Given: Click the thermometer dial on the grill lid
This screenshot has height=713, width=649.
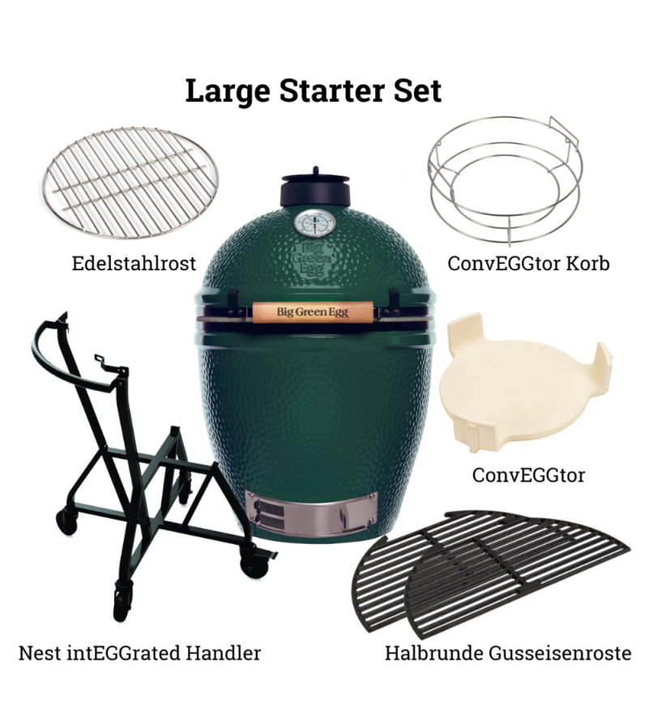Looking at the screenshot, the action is [316, 223].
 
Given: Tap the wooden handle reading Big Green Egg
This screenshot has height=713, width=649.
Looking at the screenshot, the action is [313, 312].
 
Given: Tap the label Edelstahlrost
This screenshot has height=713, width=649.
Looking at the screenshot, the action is [134, 263].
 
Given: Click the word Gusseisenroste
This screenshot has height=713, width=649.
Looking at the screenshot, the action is [560, 653].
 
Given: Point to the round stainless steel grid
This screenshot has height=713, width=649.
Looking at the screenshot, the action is [130, 182].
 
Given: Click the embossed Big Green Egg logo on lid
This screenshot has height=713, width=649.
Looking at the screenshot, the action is [313, 259].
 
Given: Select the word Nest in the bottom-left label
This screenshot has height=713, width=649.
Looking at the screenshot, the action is [40, 653].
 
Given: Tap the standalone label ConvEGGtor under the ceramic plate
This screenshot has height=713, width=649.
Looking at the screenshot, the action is [528, 475].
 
